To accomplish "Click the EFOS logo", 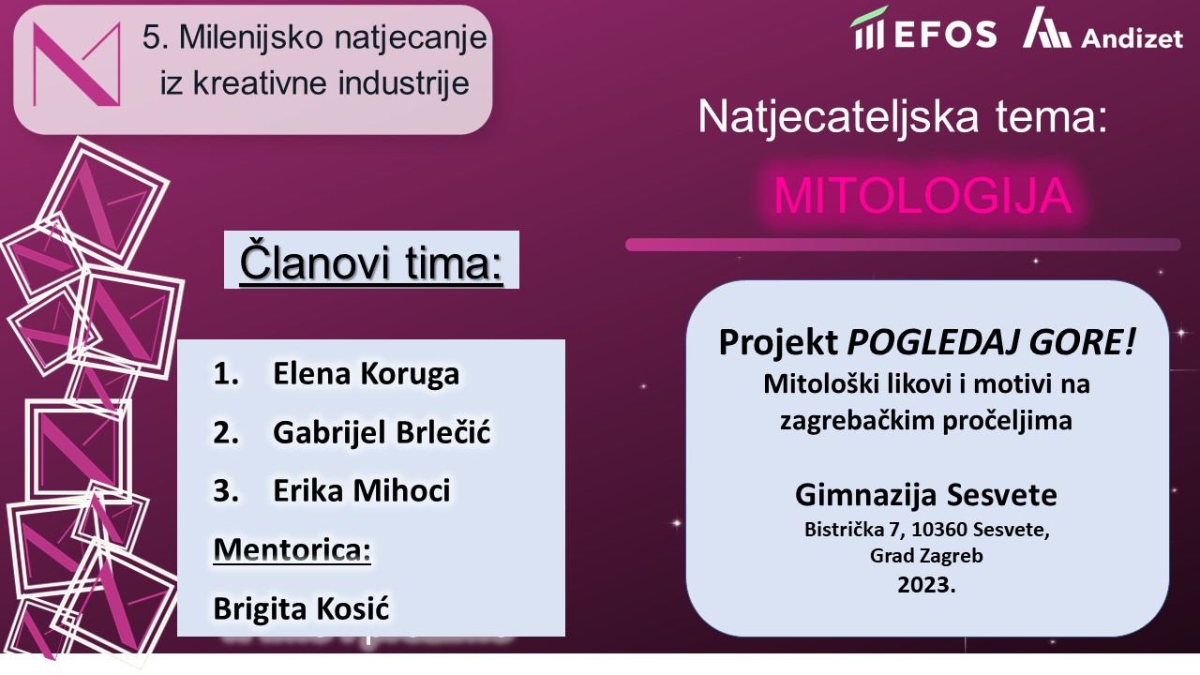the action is tap(923, 29).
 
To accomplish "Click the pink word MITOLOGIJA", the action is tap(923, 196).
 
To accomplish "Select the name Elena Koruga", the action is tap(366, 373).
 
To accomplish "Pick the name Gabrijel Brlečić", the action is tap(382, 432).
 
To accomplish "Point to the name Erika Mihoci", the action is tap(362, 490).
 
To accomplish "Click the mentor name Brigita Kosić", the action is tap(301, 608).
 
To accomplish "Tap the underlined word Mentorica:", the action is tap(292, 549).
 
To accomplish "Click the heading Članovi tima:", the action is tap(371, 262).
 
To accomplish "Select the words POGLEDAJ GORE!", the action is tap(991, 342).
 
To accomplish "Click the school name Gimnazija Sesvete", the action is tap(926, 494).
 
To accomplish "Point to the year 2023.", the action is tap(926, 584).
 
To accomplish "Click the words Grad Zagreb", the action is tap(926, 556).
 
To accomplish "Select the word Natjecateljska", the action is tap(838, 118).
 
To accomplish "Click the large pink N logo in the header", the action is tap(77, 64).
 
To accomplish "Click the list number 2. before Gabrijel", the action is tap(226, 432).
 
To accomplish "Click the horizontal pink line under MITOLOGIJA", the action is tap(903, 245).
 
